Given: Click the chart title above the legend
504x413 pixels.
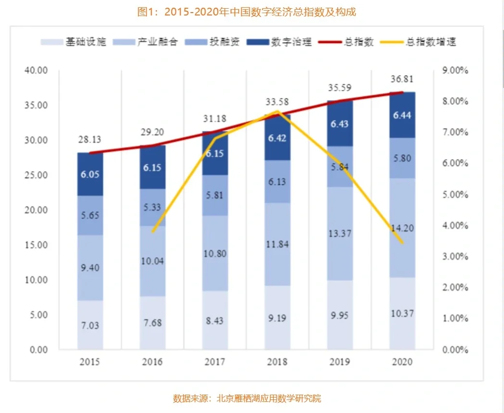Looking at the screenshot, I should point(247,12).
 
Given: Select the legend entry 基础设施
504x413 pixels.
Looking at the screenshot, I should point(78,42).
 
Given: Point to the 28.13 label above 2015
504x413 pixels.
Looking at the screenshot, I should point(90,140).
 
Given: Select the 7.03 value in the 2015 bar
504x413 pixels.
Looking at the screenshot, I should point(90,325).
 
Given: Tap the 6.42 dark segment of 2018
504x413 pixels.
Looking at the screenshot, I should point(277,138).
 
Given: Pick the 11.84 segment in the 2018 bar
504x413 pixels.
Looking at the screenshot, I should point(277,244).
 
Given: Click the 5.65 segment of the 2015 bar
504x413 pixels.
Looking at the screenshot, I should point(90,215).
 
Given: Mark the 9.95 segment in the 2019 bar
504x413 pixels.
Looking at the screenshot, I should point(340,315).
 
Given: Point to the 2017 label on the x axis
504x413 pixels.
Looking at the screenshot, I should point(215,362).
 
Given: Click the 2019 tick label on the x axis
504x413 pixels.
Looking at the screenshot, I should point(340,362).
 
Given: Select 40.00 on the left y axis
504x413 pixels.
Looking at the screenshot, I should point(36,71).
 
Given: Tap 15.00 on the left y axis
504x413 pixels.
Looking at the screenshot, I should point(36,245).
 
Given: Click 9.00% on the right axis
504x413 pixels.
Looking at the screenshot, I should point(455,71).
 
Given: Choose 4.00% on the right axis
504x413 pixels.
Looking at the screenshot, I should point(455,226).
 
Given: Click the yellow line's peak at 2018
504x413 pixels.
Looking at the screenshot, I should point(277,111).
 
